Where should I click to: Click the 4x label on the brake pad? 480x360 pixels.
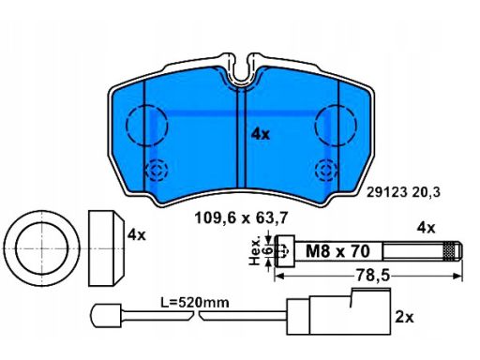261,134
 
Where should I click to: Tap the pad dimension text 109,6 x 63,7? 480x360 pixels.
241,217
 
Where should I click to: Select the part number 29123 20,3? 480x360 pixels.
403,192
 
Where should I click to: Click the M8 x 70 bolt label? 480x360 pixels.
337,251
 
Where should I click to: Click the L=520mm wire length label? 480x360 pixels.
195,303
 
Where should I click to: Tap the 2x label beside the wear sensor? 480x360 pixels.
404,317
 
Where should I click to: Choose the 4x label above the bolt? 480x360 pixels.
426,228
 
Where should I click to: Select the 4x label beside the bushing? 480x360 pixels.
137,234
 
